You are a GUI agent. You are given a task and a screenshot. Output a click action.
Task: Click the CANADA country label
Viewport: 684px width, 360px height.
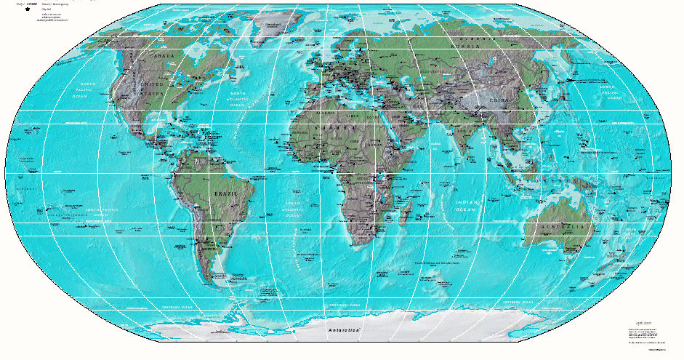pos(161,56)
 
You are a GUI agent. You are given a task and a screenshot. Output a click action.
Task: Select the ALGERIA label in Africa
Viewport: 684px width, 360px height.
pos(325,113)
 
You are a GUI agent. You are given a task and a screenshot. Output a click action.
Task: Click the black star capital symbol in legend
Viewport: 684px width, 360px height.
pos(28,9)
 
